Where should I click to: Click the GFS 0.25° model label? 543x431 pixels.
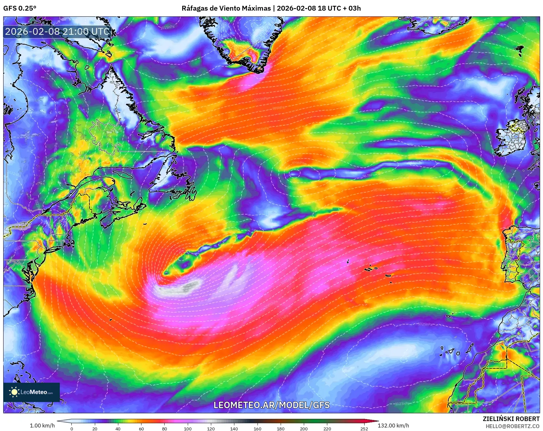click(x=20, y=8)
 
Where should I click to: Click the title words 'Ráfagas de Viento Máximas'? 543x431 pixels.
click(x=226, y=8)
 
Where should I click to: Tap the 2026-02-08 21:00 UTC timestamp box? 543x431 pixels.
click(x=57, y=32)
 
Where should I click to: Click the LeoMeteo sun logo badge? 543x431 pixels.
click(x=32, y=392)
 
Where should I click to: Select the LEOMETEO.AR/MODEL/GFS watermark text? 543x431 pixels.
click(x=272, y=405)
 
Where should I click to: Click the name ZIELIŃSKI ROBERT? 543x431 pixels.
click(x=511, y=419)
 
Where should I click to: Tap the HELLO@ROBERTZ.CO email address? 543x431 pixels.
click(x=512, y=426)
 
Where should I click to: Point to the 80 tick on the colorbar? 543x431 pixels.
click(x=165, y=428)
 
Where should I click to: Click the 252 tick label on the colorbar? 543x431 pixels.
click(x=364, y=428)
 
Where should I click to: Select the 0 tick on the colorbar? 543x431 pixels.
click(x=71, y=428)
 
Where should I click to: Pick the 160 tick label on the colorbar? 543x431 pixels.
click(x=257, y=428)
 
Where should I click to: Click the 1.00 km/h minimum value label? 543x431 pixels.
click(x=42, y=426)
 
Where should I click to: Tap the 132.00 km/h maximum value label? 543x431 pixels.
click(x=393, y=426)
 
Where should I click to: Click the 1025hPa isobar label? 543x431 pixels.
click(x=425, y=324)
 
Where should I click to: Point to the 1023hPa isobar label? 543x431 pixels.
click(x=402, y=404)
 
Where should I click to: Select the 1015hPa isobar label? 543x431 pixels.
click(x=167, y=28)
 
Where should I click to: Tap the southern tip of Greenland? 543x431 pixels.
click(x=257, y=71)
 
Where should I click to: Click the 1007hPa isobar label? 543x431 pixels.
click(x=231, y=94)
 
